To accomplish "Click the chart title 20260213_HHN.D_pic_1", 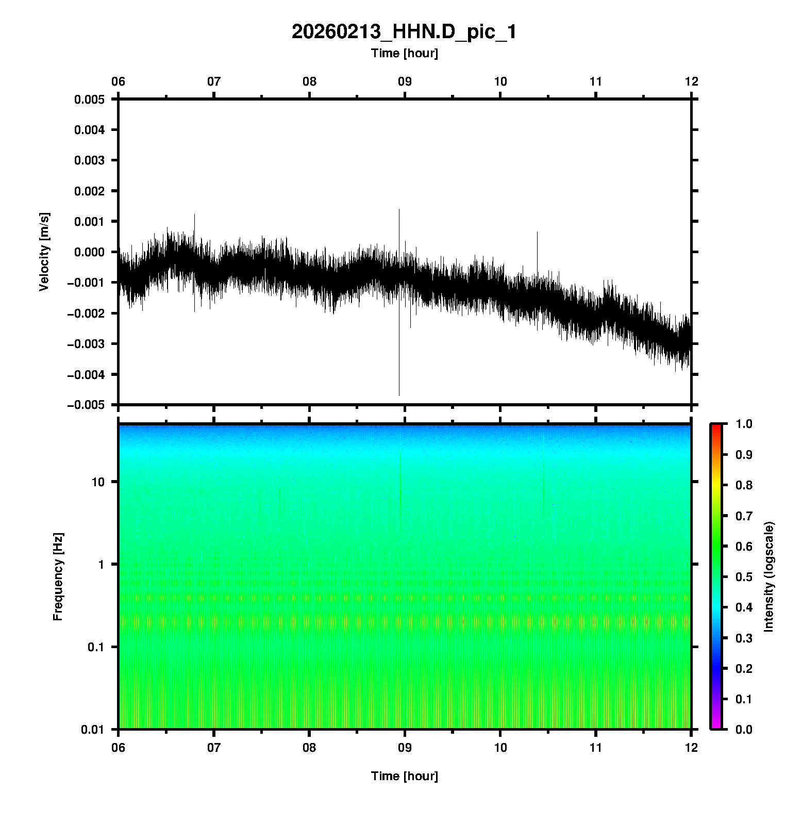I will [x=404, y=32].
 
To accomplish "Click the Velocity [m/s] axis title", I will [x=44, y=252].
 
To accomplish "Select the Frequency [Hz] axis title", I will [x=58, y=577].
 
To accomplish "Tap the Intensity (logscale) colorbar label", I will [x=769, y=576].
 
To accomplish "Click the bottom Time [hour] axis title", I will [x=404, y=776].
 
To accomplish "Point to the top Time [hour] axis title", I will [x=404, y=53].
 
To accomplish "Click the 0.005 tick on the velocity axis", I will [x=90, y=100].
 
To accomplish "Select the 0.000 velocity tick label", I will [x=90, y=252].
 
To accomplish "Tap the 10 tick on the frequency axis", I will [x=98, y=482].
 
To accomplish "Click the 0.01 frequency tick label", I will [x=93, y=730].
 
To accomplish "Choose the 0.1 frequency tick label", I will [x=96, y=647].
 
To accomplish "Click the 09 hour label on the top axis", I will [x=405, y=81].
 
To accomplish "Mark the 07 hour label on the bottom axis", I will [x=214, y=747].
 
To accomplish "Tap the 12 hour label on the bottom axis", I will [x=691, y=747].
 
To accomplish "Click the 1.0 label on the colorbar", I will [x=744, y=424].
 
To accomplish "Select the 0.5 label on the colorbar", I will [x=744, y=576].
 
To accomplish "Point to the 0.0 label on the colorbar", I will [x=744, y=730].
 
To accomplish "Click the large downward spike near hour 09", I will [x=399, y=382].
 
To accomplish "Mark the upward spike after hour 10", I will [x=537, y=237].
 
